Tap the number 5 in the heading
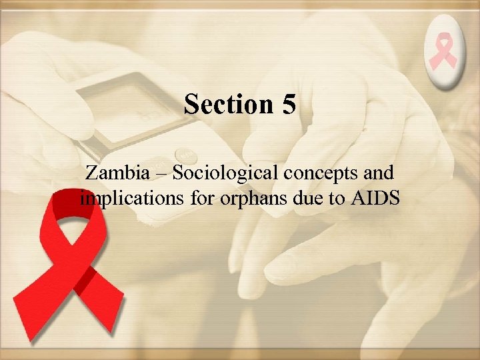click(x=287, y=105)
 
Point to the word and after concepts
click(x=378, y=173)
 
